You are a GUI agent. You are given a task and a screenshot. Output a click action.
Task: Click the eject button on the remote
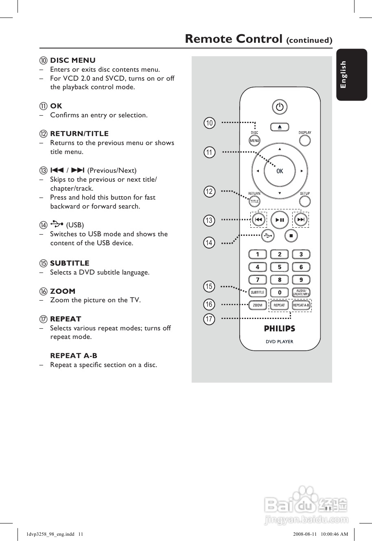click(280, 127)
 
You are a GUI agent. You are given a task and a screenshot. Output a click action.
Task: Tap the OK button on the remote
click(280, 171)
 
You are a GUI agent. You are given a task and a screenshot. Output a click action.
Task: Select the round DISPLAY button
click(304, 141)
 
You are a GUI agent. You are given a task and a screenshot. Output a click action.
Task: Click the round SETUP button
click(304, 201)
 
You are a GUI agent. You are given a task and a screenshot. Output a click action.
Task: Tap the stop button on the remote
click(291, 235)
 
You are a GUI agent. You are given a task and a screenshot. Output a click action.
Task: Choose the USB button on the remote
click(267, 235)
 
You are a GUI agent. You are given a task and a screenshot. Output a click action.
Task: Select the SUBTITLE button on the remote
click(257, 292)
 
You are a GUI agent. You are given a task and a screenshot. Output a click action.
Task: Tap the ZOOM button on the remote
click(257, 305)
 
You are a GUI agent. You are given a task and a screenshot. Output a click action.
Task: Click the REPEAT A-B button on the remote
click(301, 305)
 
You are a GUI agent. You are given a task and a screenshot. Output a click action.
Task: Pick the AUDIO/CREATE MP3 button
click(301, 292)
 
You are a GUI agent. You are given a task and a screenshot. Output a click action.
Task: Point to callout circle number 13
click(209, 220)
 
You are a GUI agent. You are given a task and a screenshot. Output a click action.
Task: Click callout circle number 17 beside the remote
click(209, 319)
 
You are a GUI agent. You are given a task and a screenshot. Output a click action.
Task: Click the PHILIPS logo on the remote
click(280, 328)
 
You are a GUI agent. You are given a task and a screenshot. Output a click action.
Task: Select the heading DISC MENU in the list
click(72, 60)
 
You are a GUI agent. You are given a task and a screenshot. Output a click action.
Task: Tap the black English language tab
click(351, 75)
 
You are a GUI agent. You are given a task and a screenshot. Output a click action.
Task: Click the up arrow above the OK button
click(280, 149)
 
